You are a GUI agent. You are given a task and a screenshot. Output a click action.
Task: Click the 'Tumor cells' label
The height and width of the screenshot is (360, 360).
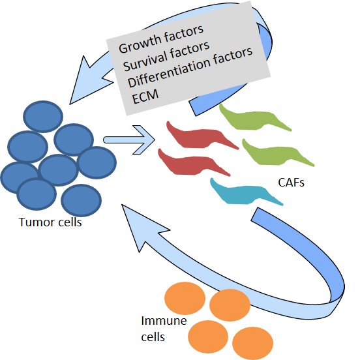coord(50,222)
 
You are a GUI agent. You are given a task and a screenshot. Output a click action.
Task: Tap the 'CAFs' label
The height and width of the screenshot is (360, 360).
coord(291,183)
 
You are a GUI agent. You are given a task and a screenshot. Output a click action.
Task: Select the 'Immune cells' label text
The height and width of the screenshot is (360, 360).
coord(164,329)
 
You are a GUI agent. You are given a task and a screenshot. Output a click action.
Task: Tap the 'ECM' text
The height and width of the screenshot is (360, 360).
coord(145,97)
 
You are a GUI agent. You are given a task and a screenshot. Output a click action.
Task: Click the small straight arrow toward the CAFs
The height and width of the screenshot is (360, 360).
coord(129,140)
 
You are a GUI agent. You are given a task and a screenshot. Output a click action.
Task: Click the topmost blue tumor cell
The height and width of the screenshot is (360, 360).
coord(43,116)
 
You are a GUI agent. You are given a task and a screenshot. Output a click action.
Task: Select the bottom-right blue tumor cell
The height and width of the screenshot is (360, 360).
coord(81,200)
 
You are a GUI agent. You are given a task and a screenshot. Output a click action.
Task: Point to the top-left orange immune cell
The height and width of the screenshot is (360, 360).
coord(185,298)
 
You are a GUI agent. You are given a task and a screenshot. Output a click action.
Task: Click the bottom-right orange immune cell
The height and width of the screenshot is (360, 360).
coord(253,343)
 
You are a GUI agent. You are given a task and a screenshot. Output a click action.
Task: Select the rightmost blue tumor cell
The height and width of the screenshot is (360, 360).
coord(97,162)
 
